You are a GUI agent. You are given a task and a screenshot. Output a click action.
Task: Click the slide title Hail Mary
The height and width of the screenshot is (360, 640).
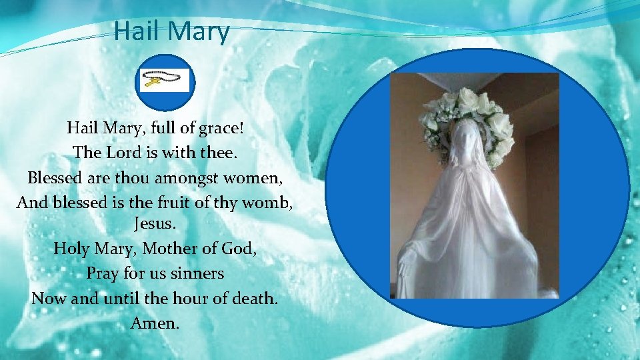[171, 31]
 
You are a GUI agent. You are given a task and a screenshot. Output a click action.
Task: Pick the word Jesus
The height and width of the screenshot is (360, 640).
[155, 223]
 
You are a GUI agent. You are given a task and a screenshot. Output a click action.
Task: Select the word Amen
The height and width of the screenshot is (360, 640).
[155, 323]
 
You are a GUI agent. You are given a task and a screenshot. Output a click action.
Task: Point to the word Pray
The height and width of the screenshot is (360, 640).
[102, 273]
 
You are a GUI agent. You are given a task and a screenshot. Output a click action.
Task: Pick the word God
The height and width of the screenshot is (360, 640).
[238, 249]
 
